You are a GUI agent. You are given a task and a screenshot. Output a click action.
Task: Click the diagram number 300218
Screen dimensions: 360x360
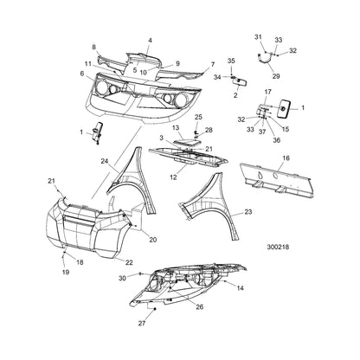[278, 247]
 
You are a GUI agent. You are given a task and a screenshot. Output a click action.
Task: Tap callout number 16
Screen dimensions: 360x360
[286, 158]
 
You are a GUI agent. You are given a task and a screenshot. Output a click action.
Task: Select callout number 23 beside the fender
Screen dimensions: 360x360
[247, 212]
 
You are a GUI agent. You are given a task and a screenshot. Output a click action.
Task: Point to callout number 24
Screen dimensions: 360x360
[105, 161]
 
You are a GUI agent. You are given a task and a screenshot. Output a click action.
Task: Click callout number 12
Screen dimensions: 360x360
[173, 177]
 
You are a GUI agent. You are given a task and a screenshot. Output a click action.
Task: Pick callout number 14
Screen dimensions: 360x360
[241, 288]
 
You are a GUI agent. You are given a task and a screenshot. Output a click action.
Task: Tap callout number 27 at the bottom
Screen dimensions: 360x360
[142, 324]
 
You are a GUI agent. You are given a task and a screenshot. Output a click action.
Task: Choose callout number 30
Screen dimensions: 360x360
[122, 278]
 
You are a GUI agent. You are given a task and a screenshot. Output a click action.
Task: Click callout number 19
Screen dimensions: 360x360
[66, 272]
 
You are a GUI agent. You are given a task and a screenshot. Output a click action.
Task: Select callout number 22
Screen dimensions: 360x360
[129, 262]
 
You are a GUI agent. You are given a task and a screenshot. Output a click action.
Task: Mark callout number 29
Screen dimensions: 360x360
[276, 76]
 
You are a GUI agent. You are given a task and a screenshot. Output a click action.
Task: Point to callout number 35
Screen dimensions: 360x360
[231, 61]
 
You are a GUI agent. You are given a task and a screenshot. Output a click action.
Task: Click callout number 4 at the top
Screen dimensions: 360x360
[150, 41]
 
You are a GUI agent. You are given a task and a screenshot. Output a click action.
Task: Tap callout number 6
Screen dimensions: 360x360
[82, 74]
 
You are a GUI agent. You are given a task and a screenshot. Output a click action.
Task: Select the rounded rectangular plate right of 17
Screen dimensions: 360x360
[283, 108]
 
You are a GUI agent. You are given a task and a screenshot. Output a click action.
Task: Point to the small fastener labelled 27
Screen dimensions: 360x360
[155, 309]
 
